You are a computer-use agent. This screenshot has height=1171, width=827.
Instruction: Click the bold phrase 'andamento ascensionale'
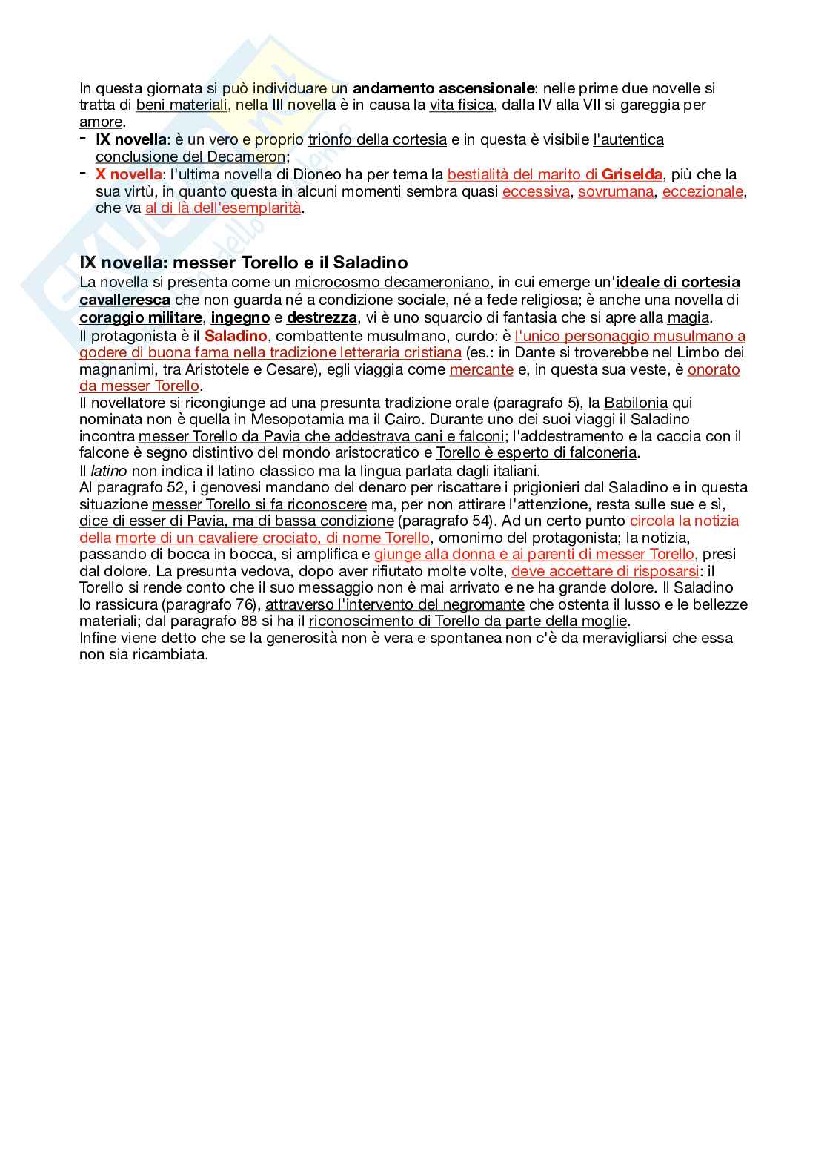(443, 88)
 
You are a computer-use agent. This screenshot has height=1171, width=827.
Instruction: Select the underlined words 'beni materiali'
(182, 105)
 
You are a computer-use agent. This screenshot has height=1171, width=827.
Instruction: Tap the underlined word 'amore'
(101, 122)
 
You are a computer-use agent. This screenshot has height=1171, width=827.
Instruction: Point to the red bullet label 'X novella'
(128, 174)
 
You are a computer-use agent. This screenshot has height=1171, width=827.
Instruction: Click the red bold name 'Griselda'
(632, 174)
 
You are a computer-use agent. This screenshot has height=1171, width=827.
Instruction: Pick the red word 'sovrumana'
(616, 191)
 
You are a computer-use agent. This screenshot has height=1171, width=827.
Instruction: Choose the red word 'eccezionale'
(703, 191)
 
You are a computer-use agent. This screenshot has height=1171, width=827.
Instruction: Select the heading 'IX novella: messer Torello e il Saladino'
(244, 263)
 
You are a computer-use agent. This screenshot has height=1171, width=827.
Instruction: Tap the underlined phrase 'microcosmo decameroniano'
(392, 282)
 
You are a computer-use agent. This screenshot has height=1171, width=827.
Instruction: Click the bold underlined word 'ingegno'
(240, 317)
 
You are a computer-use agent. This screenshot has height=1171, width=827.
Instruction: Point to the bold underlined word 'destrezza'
(322, 317)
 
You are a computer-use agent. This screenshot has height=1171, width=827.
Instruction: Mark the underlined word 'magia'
(688, 317)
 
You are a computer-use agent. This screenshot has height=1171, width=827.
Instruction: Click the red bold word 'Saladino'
(236, 336)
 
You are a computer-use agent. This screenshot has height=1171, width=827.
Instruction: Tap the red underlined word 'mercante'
(481, 369)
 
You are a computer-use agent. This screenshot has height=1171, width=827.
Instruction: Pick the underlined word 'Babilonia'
(636, 403)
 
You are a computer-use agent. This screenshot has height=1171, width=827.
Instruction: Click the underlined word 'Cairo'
(402, 419)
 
